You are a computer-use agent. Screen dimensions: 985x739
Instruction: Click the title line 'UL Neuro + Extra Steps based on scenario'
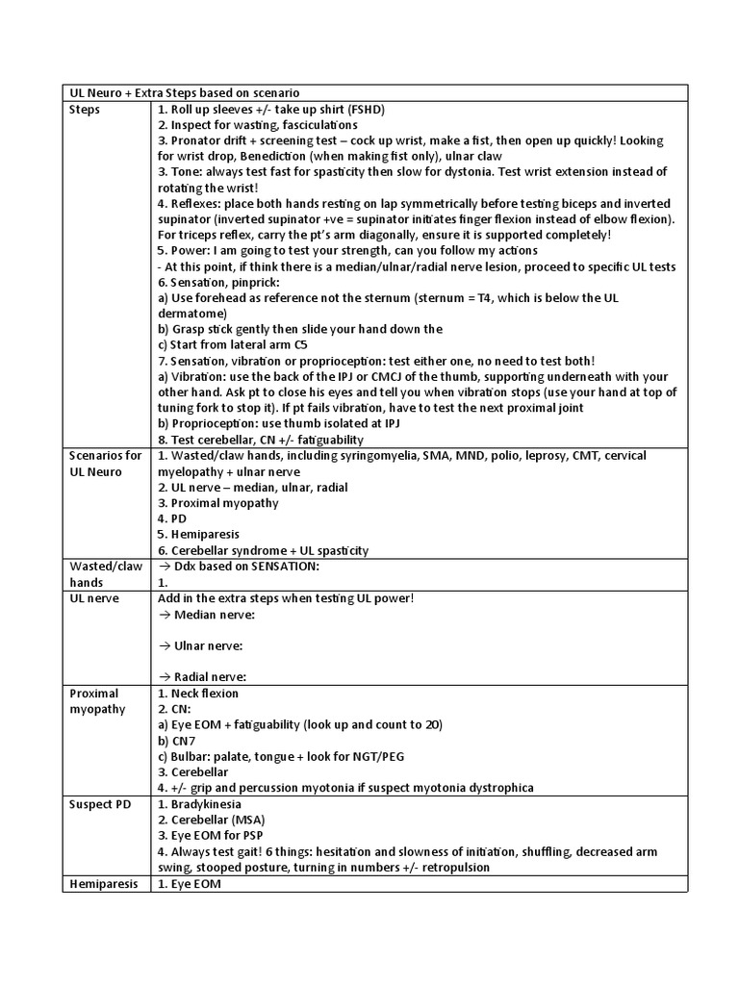coord(186,92)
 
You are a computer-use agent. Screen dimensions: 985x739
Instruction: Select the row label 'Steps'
coord(87,109)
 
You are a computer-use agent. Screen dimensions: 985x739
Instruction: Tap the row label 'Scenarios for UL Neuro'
coord(106,464)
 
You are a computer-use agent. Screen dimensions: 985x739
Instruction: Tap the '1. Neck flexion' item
coord(197,693)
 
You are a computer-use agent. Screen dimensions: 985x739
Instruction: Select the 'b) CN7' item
coord(178,740)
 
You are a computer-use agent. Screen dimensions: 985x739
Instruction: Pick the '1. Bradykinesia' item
coord(199,803)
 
